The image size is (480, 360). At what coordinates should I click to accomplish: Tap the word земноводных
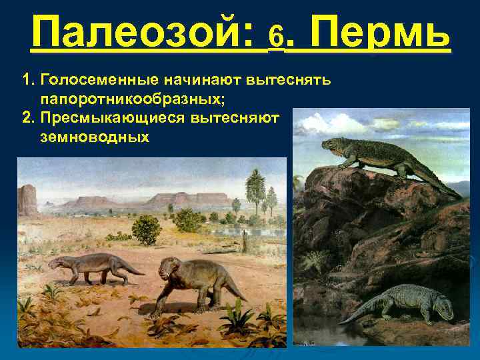[95, 137]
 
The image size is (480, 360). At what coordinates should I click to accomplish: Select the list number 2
[27, 118]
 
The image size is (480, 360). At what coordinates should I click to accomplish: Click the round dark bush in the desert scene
[147, 229]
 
